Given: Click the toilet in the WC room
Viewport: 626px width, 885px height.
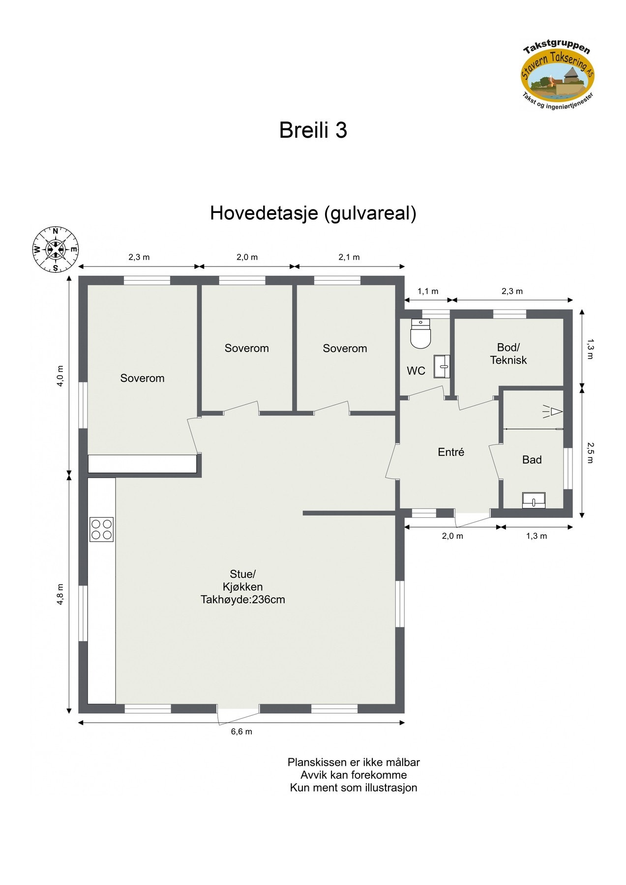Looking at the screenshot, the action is [x=420, y=333].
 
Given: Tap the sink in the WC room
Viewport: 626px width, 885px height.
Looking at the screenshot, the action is [x=442, y=367].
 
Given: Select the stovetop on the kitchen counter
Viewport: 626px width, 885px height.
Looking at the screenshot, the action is [x=101, y=530].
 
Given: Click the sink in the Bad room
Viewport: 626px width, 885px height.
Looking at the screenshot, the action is [x=534, y=500].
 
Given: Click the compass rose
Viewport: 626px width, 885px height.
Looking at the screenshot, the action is [x=55, y=249].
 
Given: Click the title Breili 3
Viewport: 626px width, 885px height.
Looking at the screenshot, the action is [x=313, y=130].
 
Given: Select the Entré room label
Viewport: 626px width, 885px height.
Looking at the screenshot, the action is [x=451, y=452].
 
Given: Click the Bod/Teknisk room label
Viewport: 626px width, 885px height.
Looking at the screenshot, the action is [x=508, y=354].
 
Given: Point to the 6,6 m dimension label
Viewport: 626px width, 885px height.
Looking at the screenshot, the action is [x=241, y=732].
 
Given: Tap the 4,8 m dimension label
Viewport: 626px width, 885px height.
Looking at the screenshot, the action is [x=60, y=594].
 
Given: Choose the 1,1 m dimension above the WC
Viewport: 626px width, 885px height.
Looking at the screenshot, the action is [x=428, y=291].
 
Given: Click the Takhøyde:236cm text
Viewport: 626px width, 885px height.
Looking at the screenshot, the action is [x=243, y=600].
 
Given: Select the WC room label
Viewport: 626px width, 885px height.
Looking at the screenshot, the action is [x=416, y=371].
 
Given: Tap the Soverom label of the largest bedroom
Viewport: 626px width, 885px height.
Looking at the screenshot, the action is [x=142, y=378].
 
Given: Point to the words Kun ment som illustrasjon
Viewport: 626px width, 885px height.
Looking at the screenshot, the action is [x=354, y=788].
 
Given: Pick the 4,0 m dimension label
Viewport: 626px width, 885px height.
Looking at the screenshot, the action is [x=60, y=376].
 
